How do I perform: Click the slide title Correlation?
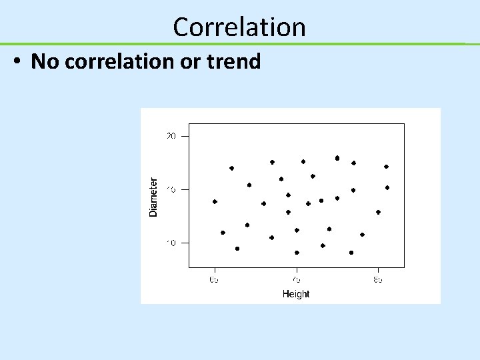(x=239, y=27)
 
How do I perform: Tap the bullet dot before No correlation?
(x=18, y=62)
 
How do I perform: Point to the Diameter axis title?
(x=153, y=196)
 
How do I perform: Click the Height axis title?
(x=296, y=294)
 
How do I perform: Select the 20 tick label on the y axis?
(x=171, y=136)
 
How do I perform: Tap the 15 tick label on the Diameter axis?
(x=171, y=189)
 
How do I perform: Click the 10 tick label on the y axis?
(x=171, y=243)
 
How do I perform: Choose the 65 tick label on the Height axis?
(x=215, y=280)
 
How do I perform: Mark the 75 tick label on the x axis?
(x=297, y=280)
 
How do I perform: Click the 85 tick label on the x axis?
(x=378, y=280)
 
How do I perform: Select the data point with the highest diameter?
(x=337, y=158)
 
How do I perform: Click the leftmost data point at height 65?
(x=215, y=201)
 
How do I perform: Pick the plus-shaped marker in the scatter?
(x=308, y=203)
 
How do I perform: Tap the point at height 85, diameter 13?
(x=378, y=212)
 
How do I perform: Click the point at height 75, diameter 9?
(x=297, y=253)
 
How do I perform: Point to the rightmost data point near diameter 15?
(x=387, y=187)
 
